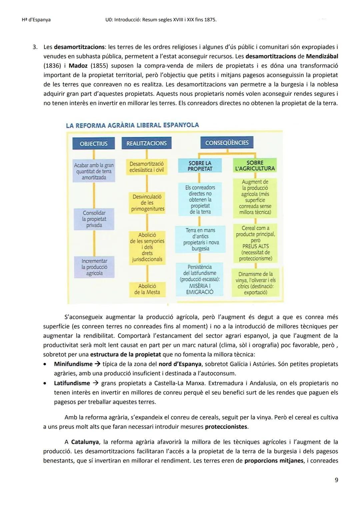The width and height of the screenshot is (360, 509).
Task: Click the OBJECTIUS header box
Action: [x=94, y=144]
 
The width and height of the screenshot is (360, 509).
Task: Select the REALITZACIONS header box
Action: [x=146, y=143]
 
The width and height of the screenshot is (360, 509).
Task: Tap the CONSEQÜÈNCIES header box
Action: [x=227, y=143]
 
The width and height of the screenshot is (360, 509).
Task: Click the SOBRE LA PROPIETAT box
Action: [x=200, y=166]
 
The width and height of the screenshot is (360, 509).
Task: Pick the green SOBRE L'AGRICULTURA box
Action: [x=255, y=166]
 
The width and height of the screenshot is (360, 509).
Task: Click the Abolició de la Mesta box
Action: [x=147, y=289]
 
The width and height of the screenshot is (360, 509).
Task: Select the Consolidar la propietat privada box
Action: [x=94, y=219]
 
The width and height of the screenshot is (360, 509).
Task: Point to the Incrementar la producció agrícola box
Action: [x=94, y=267]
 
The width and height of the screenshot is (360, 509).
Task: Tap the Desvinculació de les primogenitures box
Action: [x=147, y=203]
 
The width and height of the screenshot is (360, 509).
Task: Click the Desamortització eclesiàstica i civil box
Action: [x=147, y=167]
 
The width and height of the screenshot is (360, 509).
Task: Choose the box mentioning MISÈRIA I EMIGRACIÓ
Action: [x=200, y=279]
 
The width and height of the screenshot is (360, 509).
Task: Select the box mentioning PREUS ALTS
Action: [x=255, y=243]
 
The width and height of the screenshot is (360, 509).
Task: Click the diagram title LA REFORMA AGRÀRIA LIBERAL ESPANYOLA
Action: [x=132, y=125]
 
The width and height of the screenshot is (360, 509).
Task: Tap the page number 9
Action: [x=336, y=480]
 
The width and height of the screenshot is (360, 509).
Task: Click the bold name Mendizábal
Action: [x=320, y=56]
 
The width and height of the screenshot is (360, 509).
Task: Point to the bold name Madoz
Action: [x=78, y=66]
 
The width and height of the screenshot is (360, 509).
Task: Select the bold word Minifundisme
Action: [x=73, y=364]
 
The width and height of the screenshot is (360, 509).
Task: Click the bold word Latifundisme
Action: [x=72, y=383]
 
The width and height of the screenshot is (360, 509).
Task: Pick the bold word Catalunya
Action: [x=85, y=442]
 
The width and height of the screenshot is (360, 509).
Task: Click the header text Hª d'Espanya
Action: [x=34, y=20]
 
